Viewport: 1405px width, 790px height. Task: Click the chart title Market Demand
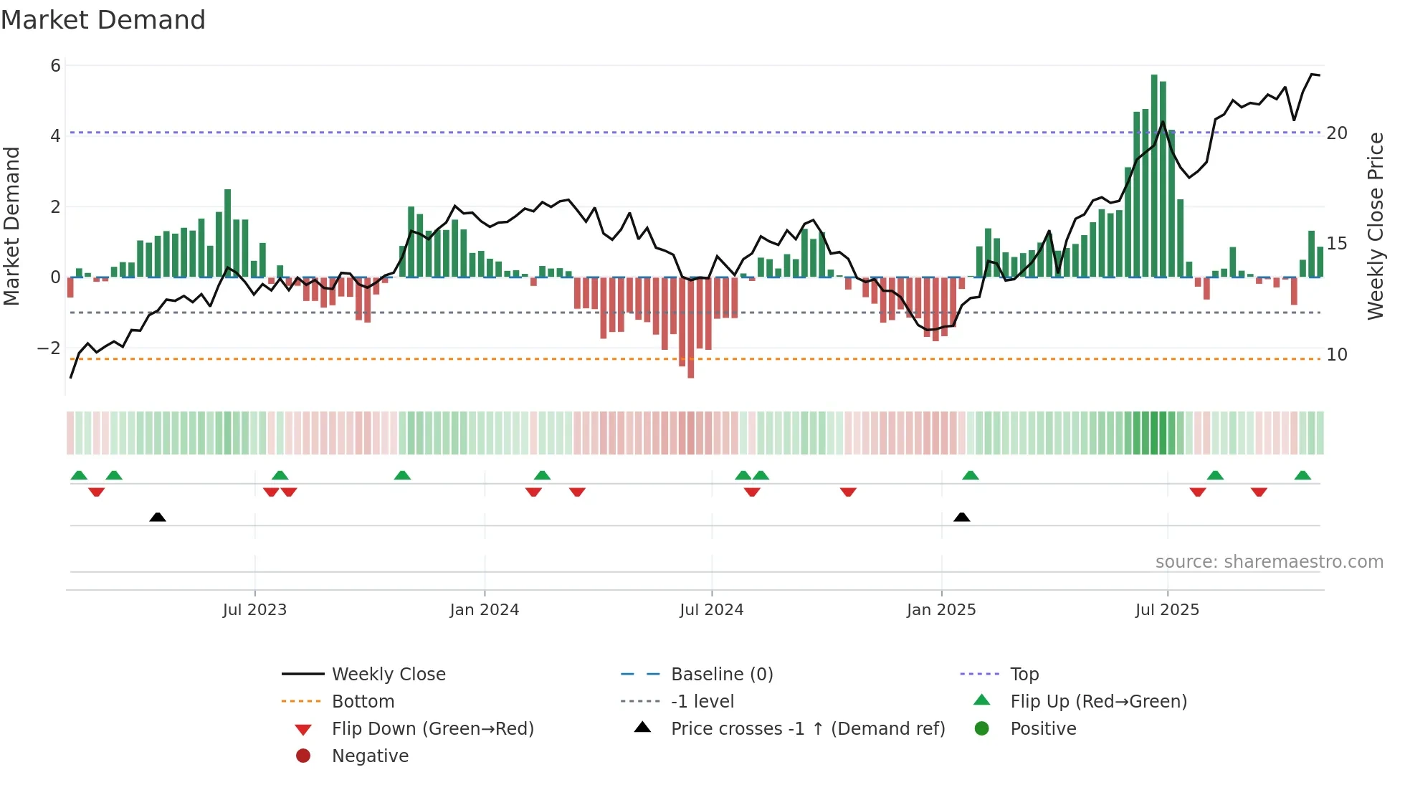click(103, 20)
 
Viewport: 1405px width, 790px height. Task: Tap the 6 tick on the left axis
click(55, 66)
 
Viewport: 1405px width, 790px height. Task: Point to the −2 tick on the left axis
click(49, 348)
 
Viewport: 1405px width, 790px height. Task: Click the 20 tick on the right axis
click(1336, 133)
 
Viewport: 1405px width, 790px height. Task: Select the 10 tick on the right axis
click(1336, 355)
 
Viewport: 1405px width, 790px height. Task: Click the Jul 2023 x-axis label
click(254, 610)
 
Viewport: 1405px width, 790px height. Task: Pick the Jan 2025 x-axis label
click(940, 610)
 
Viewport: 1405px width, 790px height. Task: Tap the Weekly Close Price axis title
click(1375, 226)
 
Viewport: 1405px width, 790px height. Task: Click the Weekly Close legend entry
click(388, 675)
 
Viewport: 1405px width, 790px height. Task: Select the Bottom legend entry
click(363, 702)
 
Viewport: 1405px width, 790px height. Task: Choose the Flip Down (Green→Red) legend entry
click(432, 729)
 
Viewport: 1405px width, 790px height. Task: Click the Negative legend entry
click(370, 756)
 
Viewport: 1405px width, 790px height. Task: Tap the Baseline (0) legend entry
click(721, 675)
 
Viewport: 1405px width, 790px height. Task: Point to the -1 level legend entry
click(702, 702)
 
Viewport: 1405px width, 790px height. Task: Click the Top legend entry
click(1024, 675)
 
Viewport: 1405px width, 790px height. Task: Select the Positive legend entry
click(1043, 729)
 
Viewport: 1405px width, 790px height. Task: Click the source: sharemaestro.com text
click(1269, 562)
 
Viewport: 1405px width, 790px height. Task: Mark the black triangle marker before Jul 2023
click(158, 517)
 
